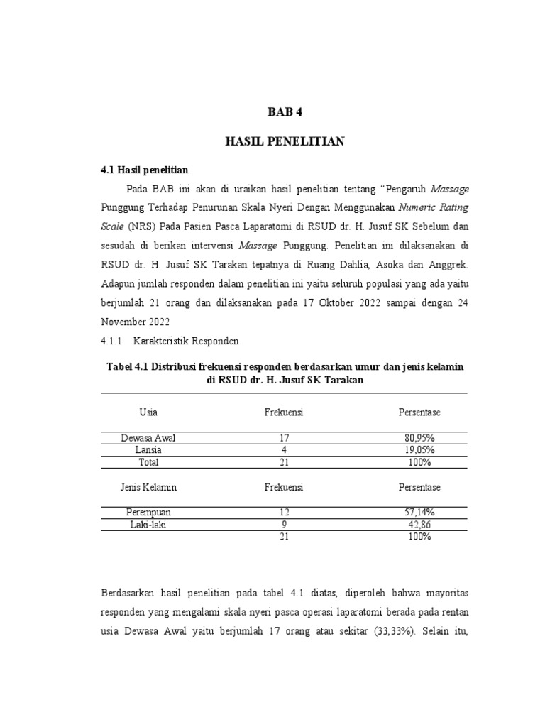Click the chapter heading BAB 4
[x=284, y=112]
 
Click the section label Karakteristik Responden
[x=186, y=341]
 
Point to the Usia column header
[x=148, y=412]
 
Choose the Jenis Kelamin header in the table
[x=148, y=487]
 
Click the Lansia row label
[x=148, y=450]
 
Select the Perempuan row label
[x=148, y=512]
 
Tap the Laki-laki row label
[x=148, y=525]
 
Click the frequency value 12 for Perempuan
[x=284, y=512]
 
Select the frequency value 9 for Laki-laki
[x=284, y=525]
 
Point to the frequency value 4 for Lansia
[x=284, y=450]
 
